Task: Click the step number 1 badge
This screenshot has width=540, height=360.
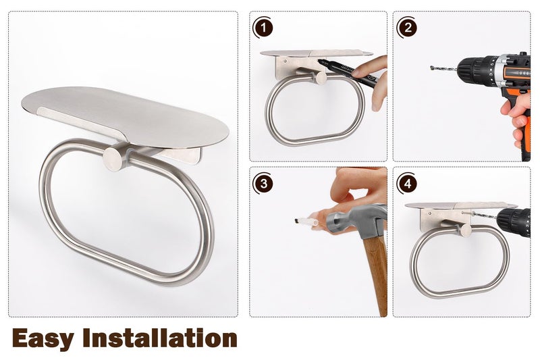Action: (x=263, y=28)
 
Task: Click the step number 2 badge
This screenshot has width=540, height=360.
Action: (x=407, y=28)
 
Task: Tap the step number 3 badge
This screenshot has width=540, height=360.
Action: (x=263, y=184)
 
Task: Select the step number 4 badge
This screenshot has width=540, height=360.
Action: (x=407, y=184)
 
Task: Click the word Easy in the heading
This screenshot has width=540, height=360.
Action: (x=43, y=339)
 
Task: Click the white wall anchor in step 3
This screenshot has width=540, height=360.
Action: (x=306, y=221)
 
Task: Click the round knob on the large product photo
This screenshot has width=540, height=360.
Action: (x=113, y=158)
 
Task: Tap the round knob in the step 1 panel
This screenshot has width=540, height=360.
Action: (x=321, y=78)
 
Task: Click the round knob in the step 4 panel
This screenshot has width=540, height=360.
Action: (x=466, y=230)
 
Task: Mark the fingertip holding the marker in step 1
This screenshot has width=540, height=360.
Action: (x=359, y=72)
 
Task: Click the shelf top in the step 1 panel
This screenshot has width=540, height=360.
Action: (x=316, y=53)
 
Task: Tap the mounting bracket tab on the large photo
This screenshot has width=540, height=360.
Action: (x=182, y=155)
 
